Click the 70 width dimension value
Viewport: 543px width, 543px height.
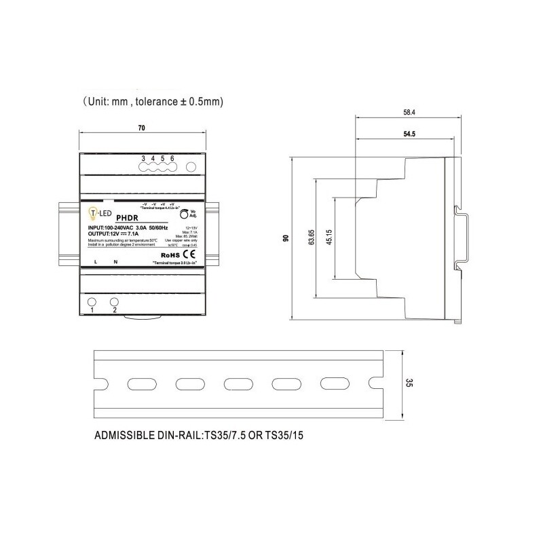coord(141,127)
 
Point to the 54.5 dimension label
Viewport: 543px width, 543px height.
coord(409,134)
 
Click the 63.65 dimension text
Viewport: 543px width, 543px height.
coord(311,239)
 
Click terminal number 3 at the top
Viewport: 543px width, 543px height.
coord(143,158)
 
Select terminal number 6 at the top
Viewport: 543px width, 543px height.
coord(172,158)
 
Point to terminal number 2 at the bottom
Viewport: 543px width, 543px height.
coord(115,311)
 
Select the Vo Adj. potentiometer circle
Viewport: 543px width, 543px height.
coord(184,214)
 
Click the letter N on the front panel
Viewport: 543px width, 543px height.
coord(115,262)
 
